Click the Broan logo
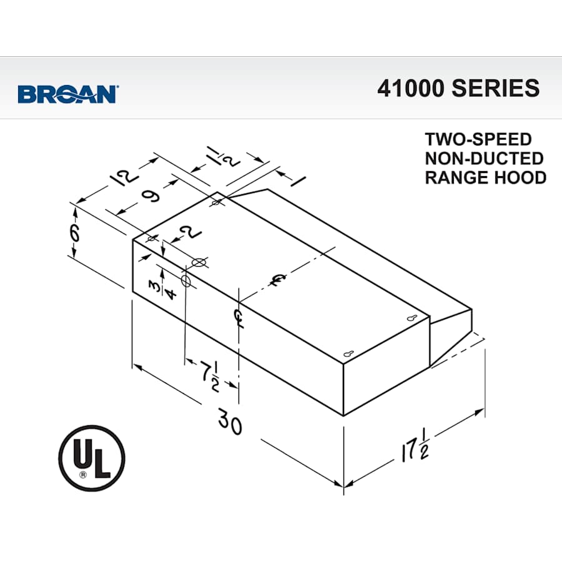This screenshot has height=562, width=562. click(x=68, y=94)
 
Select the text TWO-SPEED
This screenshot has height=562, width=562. click(x=478, y=139)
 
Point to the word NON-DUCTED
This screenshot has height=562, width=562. click(x=484, y=158)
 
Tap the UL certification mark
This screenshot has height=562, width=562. click(x=92, y=458)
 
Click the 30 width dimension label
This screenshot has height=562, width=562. click(x=230, y=424)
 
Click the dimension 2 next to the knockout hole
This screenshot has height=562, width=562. click(x=185, y=234)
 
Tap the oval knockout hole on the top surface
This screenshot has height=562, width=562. click(x=199, y=262)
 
